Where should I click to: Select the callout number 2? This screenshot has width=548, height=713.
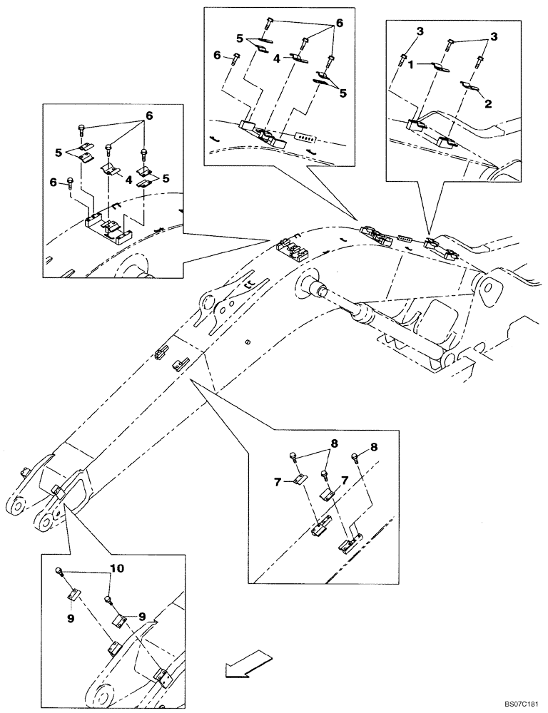(x=487, y=103)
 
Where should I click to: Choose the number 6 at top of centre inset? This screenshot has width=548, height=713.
(x=340, y=23)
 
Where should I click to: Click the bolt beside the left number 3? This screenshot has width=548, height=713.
(x=405, y=56)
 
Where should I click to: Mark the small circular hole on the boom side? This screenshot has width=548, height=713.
(x=247, y=342)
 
